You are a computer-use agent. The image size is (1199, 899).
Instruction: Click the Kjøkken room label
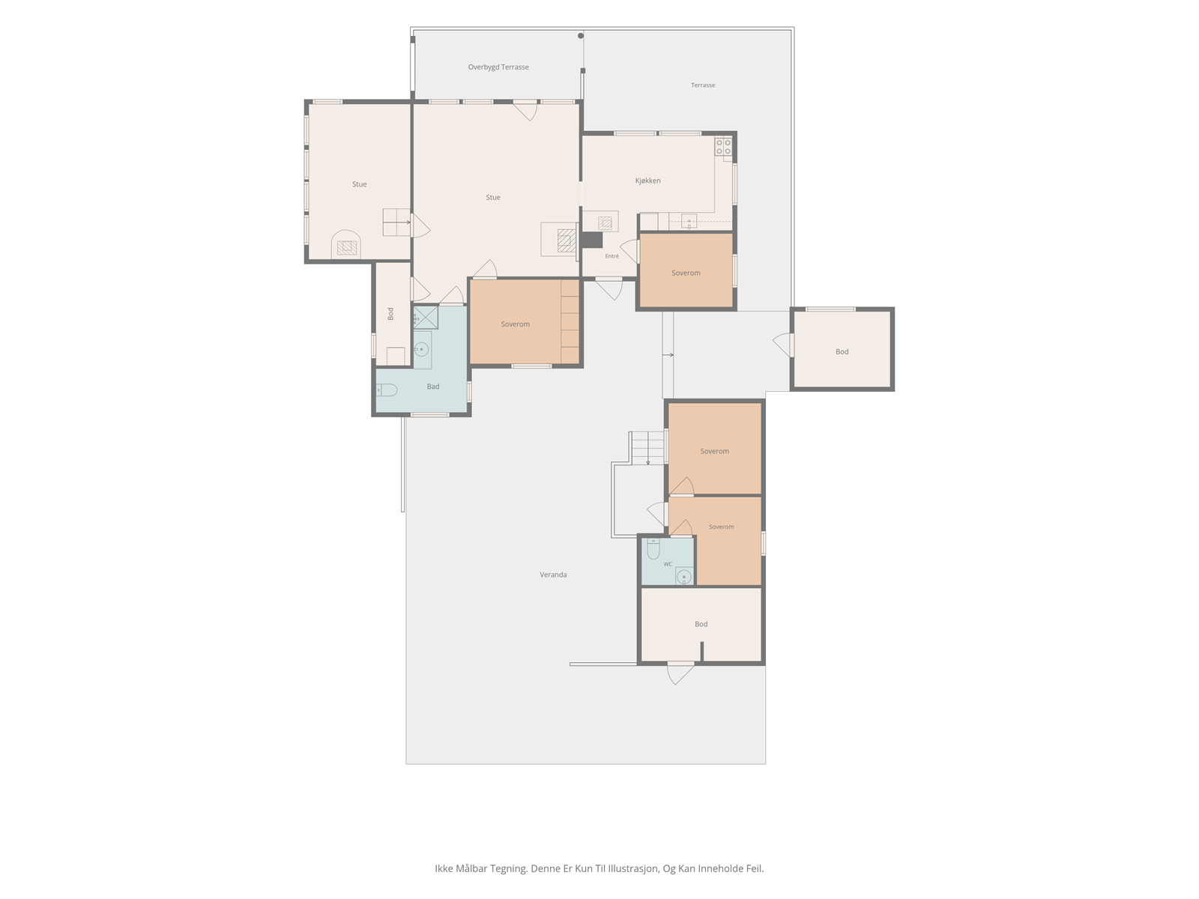click(x=648, y=181)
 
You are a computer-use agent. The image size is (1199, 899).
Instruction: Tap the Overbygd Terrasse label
click(x=498, y=67)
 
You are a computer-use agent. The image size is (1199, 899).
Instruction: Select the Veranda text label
click(x=553, y=574)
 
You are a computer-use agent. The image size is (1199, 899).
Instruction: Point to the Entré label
click(x=611, y=256)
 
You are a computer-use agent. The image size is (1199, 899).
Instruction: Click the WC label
click(x=668, y=564)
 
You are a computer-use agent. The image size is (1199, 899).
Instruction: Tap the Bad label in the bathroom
click(x=432, y=387)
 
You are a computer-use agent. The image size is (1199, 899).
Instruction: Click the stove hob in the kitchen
click(x=723, y=147)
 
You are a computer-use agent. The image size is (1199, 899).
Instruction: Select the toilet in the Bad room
click(x=386, y=390)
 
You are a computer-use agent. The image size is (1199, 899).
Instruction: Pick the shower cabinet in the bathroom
click(x=425, y=318)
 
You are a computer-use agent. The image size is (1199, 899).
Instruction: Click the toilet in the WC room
click(x=653, y=548)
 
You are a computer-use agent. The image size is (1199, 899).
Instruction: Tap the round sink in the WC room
click(x=684, y=576)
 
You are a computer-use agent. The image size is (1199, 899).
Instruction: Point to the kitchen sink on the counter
click(x=689, y=221)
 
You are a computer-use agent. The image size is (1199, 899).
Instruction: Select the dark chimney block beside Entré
click(x=591, y=240)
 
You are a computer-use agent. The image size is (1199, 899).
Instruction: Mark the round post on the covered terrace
click(x=581, y=36)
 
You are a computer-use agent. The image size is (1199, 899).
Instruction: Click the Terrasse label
click(x=702, y=85)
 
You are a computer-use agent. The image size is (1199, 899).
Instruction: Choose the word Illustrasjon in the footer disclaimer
click(x=632, y=868)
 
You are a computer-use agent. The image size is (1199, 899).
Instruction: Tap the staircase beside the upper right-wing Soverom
click(x=648, y=447)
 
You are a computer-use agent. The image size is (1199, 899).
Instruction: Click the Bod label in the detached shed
click(x=842, y=352)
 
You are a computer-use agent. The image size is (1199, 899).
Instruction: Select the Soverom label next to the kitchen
click(x=686, y=273)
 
